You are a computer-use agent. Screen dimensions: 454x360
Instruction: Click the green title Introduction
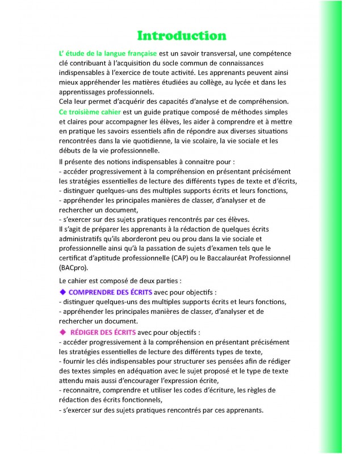[x=174, y=36]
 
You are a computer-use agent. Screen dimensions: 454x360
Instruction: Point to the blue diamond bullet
[x=63, y=292]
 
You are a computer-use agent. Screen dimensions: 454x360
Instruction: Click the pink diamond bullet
[x=63, y=332]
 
